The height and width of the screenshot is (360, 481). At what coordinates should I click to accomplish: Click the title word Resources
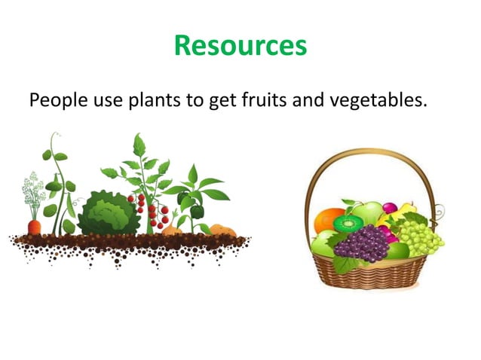pyautogui.click(x=240, y=45)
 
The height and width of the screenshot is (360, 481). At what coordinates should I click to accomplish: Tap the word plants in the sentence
pyautogui.click(x=153, y=100)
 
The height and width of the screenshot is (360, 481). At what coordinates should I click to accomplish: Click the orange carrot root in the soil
pyautogui.click(x=34, y=226)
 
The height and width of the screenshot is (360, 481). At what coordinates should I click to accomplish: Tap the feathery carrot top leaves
pyautogui.click(x=33, y=192)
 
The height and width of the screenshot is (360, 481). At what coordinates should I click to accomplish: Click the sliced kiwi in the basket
pyautogui.click(x=349, y=223)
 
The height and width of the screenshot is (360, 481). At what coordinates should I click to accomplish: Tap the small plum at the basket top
pyautogui.click(x=390, y=207)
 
